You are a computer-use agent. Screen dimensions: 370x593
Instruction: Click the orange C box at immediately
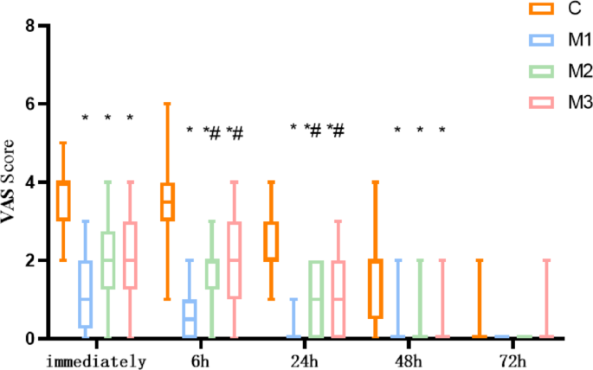pos(62,201)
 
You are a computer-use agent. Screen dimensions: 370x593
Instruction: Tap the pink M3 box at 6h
pos(234,259)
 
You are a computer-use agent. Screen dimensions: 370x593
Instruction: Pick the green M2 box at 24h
pos(316,299)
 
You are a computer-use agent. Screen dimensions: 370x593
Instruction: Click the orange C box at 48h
pos(375,289)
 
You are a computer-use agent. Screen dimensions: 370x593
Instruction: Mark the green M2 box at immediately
pos(107,259)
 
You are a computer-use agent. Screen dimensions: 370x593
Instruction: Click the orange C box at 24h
pos(271,240)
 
